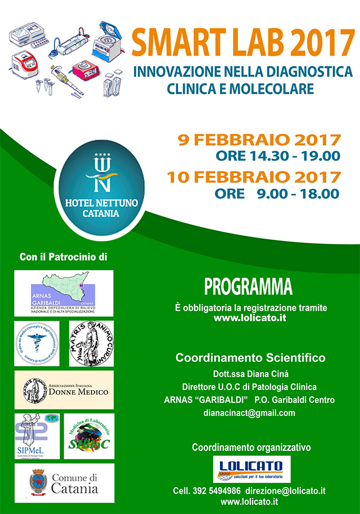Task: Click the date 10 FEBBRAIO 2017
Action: click(x=254, y=177)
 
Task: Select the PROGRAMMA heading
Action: click(x=248, y=286)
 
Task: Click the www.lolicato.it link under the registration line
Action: click(x=250, y=317)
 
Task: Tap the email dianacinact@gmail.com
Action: click(x=250, y=412)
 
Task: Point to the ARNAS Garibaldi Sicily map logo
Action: click(x=64, y=293)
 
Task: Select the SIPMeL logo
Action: click(x=37, y=436)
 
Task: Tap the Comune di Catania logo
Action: click(x=64, y=482)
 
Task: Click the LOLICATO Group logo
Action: click(x=251, y=470)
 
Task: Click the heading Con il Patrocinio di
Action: click(x=64, y=256)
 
